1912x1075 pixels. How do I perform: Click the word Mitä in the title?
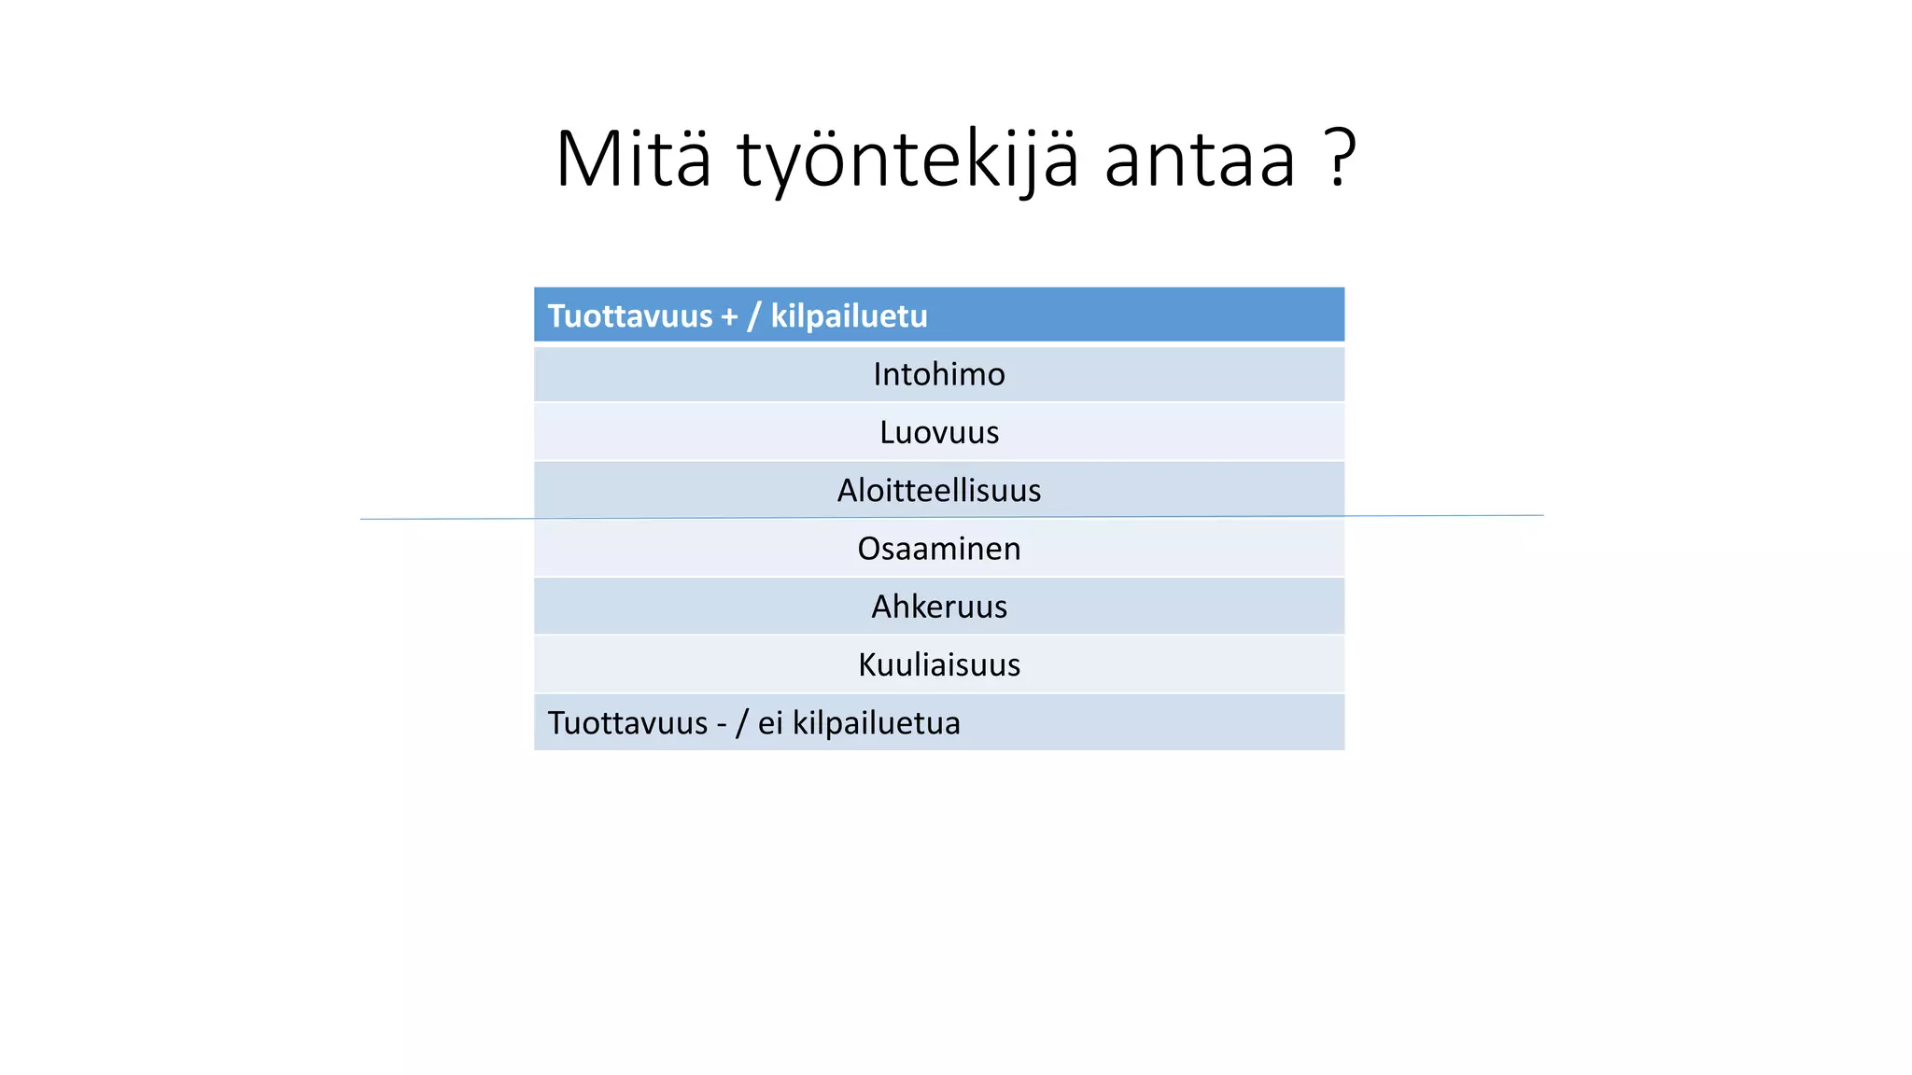(633, 159)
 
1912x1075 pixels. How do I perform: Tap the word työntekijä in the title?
(907, 161)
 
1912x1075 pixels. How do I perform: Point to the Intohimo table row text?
(938, 374)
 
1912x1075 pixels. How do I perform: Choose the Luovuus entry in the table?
(938, 432)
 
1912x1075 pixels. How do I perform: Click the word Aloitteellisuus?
(938, 490)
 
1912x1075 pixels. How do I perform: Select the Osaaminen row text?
(938, 549)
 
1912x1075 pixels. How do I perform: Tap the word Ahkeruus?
(938, 607)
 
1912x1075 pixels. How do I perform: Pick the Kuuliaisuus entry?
(938, 664)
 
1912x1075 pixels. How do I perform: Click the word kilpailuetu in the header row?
(849, 316)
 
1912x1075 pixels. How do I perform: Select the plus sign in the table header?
(729, 317)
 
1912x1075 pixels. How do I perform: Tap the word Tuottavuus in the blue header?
(629, 316)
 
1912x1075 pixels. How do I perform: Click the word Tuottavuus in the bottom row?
(627, 723)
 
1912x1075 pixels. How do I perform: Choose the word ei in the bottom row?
(769, 723)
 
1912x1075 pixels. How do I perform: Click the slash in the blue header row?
(752, 317)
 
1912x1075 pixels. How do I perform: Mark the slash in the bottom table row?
(742, 724)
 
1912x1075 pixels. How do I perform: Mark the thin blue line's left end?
(362, 519)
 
